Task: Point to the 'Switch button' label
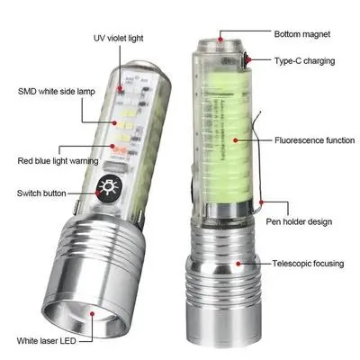[42, 193]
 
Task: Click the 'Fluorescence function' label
[305, 140]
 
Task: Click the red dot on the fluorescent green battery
[231, 140]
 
